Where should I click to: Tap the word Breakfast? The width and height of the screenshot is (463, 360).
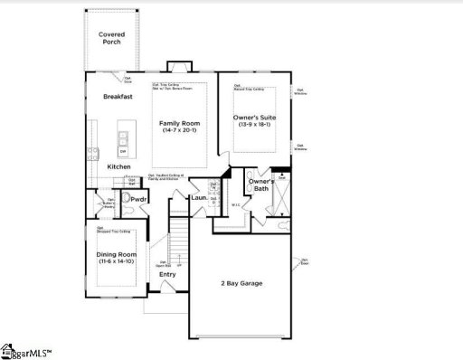click(118, 96)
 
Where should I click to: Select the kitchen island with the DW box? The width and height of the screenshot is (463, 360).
click(122, 144)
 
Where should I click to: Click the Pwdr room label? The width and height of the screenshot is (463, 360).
click(139, 199)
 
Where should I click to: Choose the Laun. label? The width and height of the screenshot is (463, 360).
click(199, 197)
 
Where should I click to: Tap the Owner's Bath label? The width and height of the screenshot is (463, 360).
click(261, 186)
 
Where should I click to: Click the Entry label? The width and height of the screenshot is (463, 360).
click(167, 274)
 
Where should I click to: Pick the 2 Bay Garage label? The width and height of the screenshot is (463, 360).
click(241, 284)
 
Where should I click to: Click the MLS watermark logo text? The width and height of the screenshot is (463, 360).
click(27, 350)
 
